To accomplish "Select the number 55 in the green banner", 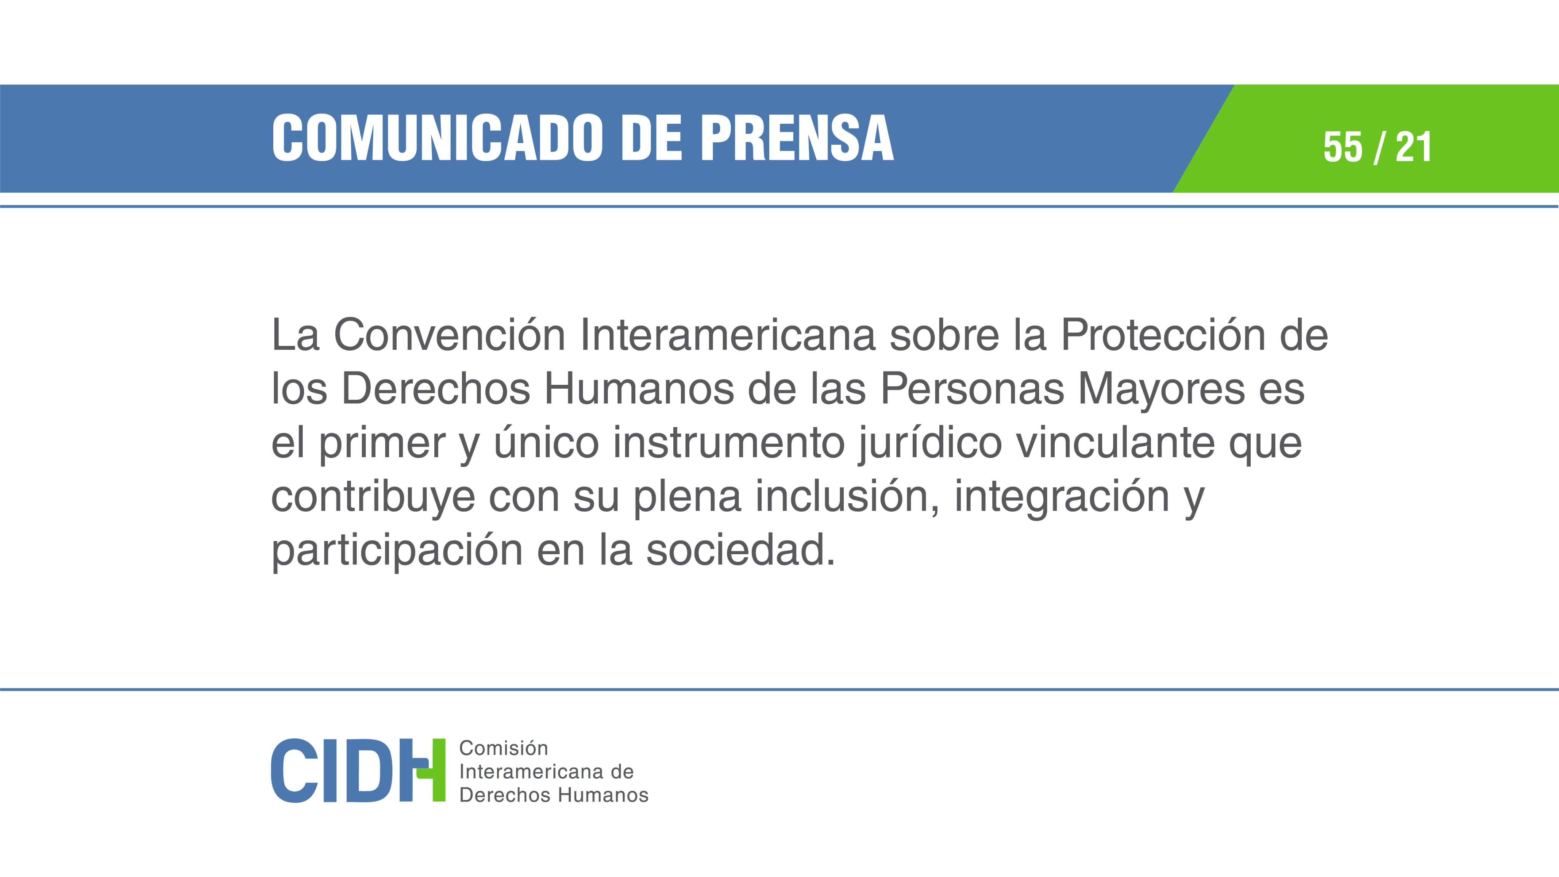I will (1342, 147).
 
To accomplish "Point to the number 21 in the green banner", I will (1413, 147).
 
